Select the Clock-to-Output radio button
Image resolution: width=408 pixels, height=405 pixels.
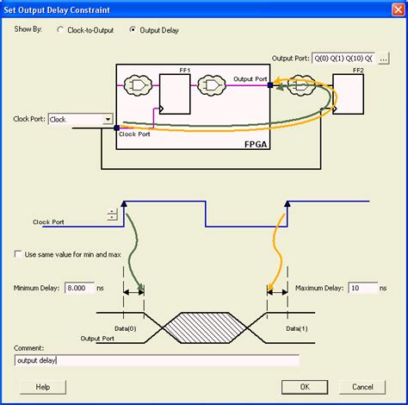click(x=60, y=29)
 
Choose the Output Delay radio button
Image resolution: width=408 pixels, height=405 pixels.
click(x=133, y=29)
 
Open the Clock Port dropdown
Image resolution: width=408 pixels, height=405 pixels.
click(x=107, y=120)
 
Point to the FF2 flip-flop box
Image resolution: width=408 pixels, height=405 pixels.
click(x=348, y=95)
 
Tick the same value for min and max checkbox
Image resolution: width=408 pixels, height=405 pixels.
click(x=19, y=254)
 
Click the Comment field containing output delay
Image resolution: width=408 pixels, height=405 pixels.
click(x=156, y=360)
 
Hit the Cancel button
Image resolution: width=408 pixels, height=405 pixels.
click(x=362, y=387)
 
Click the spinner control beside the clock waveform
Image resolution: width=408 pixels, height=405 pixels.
click(x=112, y=215)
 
